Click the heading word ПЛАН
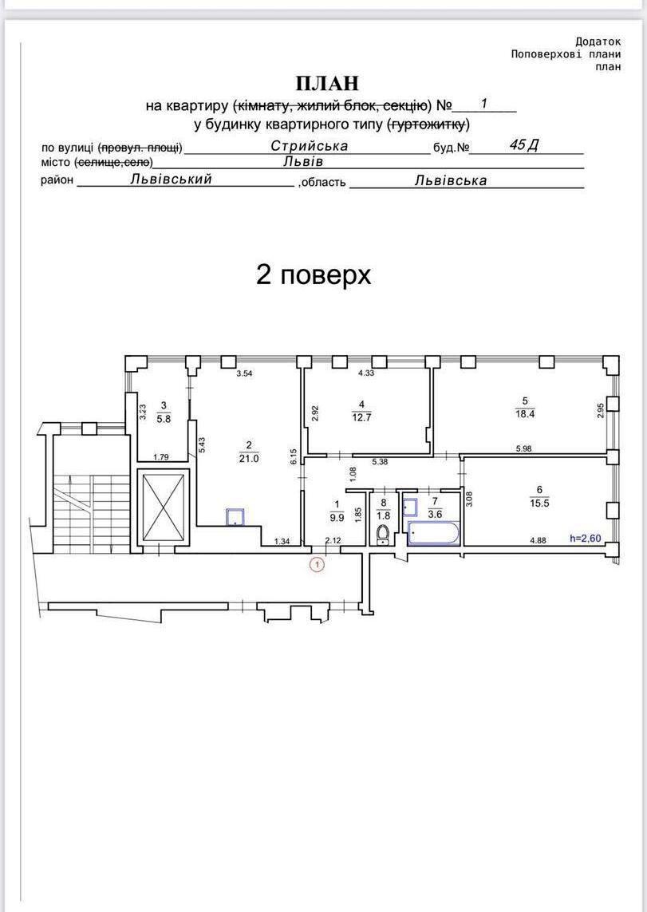point(328,84)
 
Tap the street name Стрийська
point(310,145)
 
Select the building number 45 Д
point(524,145)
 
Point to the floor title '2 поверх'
point(314,274)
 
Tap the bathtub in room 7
point(434,534)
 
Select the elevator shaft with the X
point(164,507)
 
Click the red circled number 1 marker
point(318,563)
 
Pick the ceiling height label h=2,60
point(586,539)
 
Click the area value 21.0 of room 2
point(249,458)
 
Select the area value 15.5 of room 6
point(539,503)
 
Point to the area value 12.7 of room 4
point(361,417)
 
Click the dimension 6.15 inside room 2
point(294,456)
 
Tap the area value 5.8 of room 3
point(164,418)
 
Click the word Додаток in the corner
point(598,41)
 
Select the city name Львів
point(303,161)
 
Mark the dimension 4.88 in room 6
point(539,539)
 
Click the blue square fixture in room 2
point(235,517)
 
